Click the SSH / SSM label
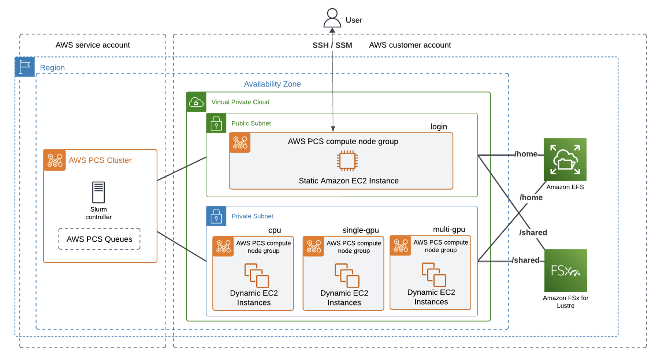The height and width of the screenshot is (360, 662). click(x=332, y=45)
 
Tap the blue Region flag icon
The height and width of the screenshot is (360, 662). click(x=25, y=67)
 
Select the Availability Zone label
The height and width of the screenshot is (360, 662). click(x=272, y=84)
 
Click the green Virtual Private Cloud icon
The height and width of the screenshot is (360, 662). click(x=196, y=102)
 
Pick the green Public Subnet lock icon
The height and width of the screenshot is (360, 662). click(x=216, y=123)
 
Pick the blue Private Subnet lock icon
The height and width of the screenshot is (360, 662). click(x=216, y=216)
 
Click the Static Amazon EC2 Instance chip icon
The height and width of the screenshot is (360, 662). click(x=347, y=161)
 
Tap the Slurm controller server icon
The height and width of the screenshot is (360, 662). click(x=99, y=192)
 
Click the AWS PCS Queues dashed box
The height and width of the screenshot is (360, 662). click(x=99, y=239)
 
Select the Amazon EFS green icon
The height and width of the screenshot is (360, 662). click(x=565, y=159)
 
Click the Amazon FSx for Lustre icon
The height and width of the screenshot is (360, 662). click(x=565, y=270)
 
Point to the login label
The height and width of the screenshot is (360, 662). click(x=439, y=127)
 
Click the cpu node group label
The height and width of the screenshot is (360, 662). click(x=274, y=230)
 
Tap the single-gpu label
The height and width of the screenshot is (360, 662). click(x=361, y=230)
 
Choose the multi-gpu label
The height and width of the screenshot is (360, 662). click(x=449, y=229)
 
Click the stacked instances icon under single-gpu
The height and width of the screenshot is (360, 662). click(x=347, y=275)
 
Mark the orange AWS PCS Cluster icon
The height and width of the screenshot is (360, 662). click(x=55, y=160)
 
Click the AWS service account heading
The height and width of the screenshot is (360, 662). click(x=93, y=45)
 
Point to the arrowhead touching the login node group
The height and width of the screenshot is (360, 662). click(x=333, y=129)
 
